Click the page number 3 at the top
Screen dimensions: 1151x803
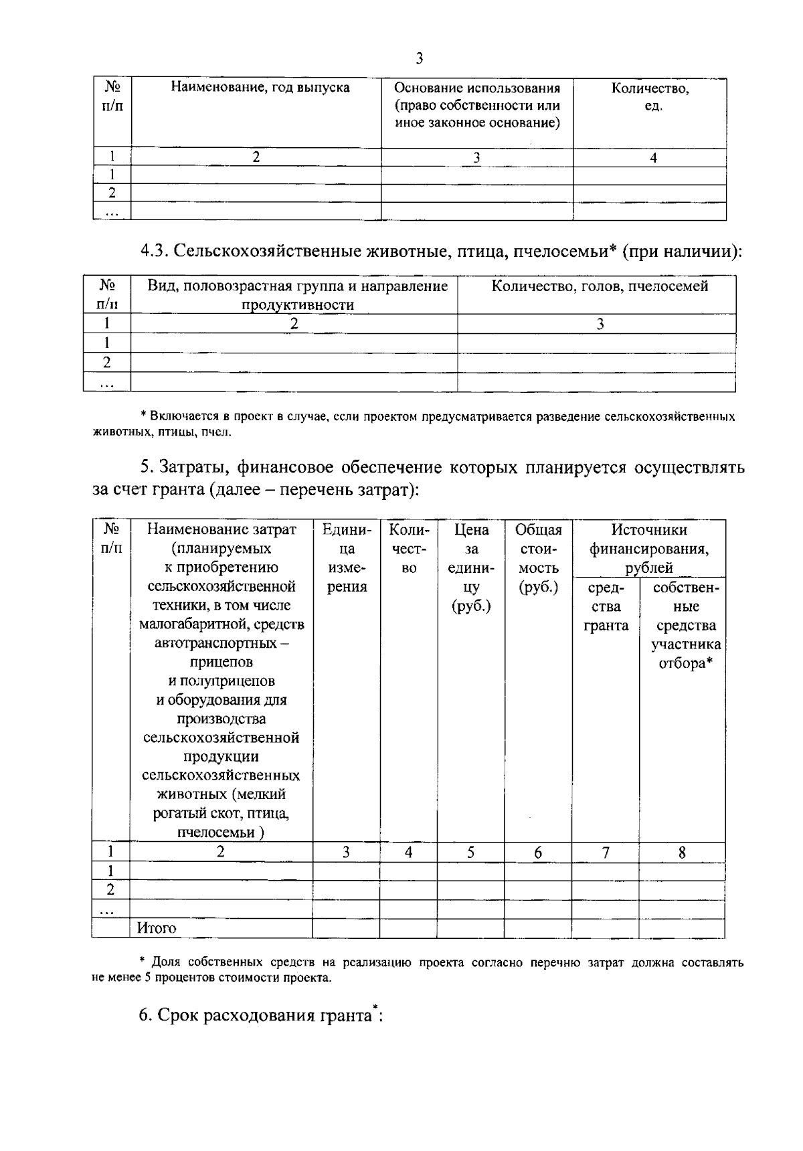[x=420, y=59]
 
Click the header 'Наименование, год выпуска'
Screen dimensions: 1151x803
[x=260, y=88]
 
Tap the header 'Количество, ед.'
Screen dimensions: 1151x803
[x=650, y=97]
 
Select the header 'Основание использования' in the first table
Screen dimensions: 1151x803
[x=477, y=88]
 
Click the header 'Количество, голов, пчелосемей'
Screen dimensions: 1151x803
[x=600, y=287]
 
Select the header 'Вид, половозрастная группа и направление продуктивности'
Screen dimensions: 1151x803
[x=297, y=295]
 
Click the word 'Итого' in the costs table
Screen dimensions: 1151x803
[x=157, y=928]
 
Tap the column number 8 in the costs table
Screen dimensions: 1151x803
[x=682, y=853]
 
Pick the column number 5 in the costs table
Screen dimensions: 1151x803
[x=471, y=853]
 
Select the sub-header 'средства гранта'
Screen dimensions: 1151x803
[x=606, y=607]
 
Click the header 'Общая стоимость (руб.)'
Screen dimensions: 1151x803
[x=539, y=558]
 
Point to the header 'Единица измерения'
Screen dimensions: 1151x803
[x=347, y=558]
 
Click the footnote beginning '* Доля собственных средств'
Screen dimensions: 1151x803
[x=418, y=970]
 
